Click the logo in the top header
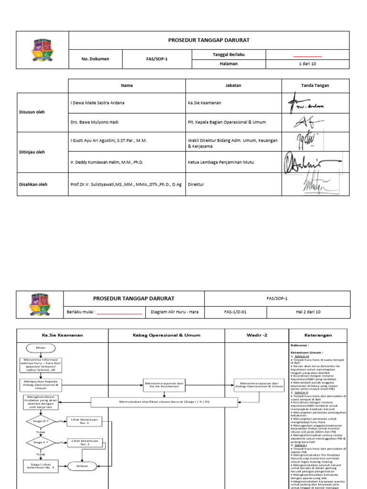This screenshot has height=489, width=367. tap(43, 50)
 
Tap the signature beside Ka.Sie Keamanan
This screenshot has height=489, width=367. tap(304, 103)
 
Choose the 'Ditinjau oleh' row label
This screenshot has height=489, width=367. tap(32, 152)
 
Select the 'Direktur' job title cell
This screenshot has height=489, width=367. tap(196, 184)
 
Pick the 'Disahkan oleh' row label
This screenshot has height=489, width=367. tap(33, 184)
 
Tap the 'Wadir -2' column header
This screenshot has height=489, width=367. tap(256, 335)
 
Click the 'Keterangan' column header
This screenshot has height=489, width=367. tap(318, 335)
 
